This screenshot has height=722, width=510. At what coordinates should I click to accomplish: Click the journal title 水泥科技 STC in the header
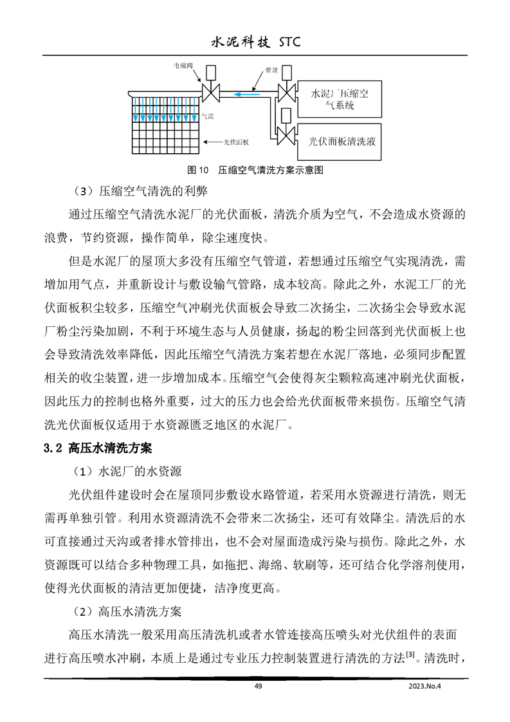pyautogui.click(x=255, y=42)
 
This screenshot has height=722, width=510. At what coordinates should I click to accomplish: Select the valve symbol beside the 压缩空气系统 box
pyautogui.click(x=285, y=91)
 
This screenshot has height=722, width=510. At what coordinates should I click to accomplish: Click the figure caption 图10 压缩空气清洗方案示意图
pyautogui.click(x=254, y=171)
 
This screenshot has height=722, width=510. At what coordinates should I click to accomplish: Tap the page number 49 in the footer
pyautogui.click(x=258, y=686)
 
